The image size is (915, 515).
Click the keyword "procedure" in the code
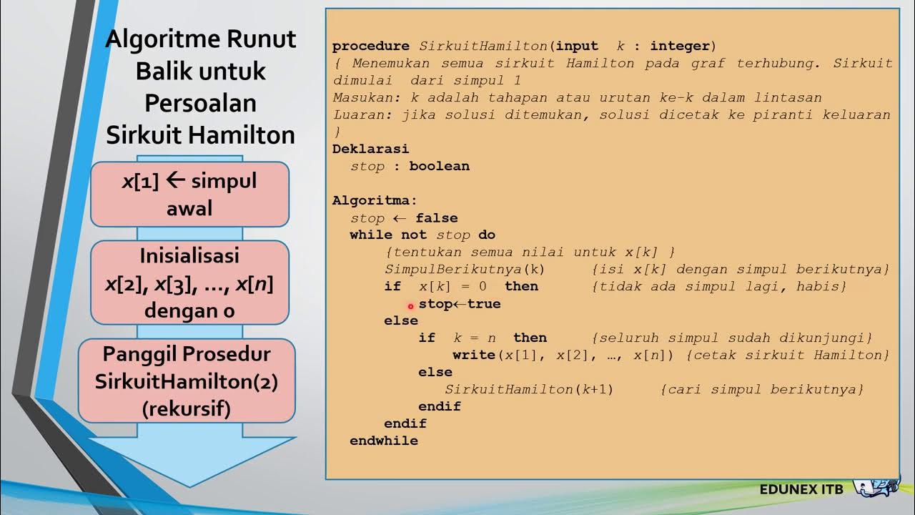tap(370, 46)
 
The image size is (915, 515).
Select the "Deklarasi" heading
tap(370, 149)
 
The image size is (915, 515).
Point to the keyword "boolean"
tap(439, 166)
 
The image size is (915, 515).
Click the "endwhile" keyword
tap(384, 441)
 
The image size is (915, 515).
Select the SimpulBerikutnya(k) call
tap(465, 270)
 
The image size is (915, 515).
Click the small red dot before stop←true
tap(410, 306)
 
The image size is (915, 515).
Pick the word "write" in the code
tap(473, 355)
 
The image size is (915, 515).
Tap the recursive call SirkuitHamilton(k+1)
tap(529, 390)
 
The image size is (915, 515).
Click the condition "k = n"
tap(470, 338)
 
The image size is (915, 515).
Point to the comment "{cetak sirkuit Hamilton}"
tap(787, 355)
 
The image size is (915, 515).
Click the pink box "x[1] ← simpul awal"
tap(189, 195)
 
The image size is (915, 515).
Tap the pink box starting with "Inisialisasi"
tap(189, 283)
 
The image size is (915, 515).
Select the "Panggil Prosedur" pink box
tap(187, 381)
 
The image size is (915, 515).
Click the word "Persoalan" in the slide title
tap(200, 102)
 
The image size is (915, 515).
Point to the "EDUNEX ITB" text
tap(801, 490)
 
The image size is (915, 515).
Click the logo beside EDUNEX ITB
tap(878, 488)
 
